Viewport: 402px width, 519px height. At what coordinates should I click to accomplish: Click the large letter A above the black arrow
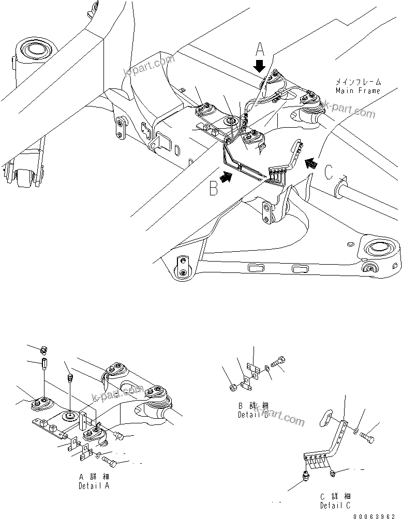click(x=260, y=51)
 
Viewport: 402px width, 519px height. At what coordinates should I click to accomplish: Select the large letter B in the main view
click(x=213, y=189)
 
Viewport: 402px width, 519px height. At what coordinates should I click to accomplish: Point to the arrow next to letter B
click(x=227, y=177)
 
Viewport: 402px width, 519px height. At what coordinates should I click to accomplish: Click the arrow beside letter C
click(x=310, y=164)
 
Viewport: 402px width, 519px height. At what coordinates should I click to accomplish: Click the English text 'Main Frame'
click(x=358, y=91)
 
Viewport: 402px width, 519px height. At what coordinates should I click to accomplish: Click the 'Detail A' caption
click(x=93, y=486)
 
